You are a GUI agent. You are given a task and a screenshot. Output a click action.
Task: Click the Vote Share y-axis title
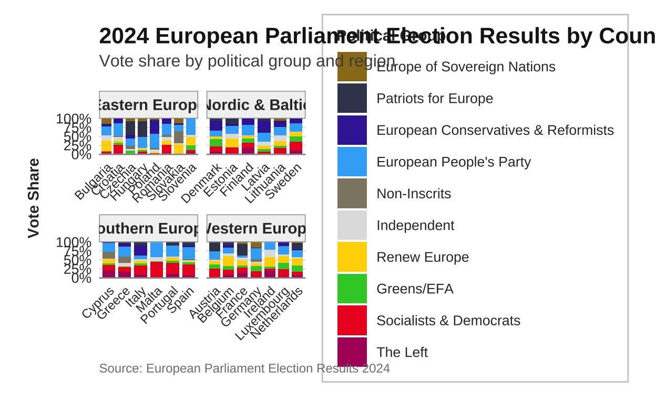coord(34,198)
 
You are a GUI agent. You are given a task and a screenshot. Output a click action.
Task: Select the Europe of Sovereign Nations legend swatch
coord(352,67)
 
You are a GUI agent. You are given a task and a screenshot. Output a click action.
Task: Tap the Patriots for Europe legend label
coord(435,99)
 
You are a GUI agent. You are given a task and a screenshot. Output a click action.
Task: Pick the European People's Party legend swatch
coord(352,162)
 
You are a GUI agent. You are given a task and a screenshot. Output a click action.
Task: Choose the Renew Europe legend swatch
coord(352,257)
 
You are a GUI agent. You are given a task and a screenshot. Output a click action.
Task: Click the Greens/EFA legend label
coord(415,289)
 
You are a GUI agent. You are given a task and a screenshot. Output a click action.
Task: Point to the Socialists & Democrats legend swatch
coord(352,320)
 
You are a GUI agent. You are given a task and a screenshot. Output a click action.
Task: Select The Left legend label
coord(402,352)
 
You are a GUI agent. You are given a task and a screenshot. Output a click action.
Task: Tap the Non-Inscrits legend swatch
coord(352,194)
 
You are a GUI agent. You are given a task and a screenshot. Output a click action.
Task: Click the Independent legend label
coord(415,225)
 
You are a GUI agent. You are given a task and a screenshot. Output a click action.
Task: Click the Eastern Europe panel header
coord(148,105)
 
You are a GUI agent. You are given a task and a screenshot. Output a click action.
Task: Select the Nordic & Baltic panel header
coord(256,105)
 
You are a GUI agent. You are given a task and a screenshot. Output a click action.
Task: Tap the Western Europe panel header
coord(256,229)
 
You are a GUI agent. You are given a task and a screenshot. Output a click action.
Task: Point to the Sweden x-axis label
coord(284,181)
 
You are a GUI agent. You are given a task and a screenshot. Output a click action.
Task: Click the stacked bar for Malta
coord(157,260)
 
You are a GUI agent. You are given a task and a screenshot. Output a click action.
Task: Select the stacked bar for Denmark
coord(216,136)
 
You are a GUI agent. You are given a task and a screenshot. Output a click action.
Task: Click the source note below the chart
coord(244,368)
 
